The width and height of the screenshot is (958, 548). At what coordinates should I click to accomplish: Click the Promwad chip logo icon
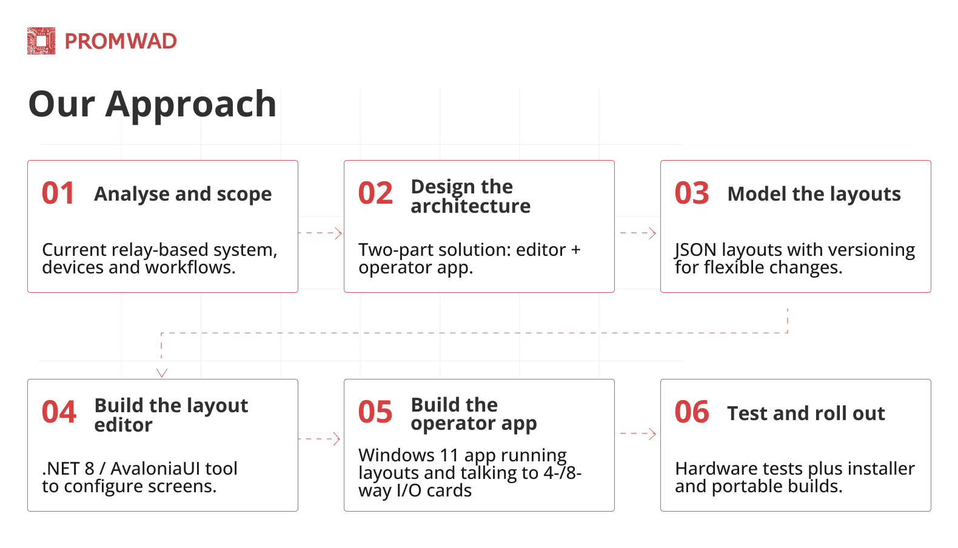41,41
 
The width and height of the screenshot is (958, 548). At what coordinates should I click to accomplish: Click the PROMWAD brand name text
121,41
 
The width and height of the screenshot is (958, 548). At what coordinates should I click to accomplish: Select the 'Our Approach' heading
152,104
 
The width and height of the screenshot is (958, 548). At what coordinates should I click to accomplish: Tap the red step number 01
58,193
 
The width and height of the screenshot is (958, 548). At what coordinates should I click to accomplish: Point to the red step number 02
375,193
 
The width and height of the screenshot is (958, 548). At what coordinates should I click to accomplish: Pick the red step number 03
692,193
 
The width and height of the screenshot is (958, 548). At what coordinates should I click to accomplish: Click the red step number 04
59,412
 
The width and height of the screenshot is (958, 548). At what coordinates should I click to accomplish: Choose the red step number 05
375,412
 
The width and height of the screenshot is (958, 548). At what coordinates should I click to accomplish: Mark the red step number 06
692,412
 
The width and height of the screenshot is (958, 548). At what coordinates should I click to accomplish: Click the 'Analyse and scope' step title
183,194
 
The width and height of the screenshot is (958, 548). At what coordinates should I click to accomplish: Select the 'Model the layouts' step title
814,194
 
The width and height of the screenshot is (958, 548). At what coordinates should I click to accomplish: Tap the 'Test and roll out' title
806,413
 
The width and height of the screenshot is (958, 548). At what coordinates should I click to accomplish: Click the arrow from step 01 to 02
321,233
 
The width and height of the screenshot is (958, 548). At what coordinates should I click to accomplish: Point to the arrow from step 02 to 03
638,233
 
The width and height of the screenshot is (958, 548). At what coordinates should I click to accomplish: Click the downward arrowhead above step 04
162,372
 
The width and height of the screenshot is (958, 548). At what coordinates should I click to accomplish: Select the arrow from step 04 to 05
320,438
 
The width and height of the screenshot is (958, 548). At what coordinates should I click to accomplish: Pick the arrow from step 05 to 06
638,433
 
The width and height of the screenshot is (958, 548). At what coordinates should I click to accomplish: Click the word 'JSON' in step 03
695,250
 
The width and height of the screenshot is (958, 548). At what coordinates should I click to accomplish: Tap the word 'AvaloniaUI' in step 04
155,469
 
